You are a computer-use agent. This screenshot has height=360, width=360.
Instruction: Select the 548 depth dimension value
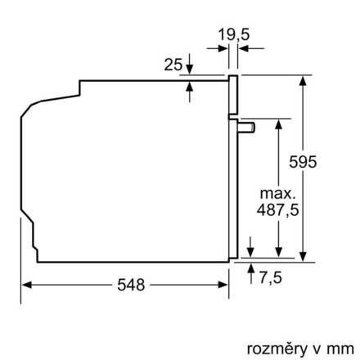pos(130,285)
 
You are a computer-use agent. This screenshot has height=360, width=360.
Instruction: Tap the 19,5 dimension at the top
pos(234,34)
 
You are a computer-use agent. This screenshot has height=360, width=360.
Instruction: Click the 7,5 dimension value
pos(269,279)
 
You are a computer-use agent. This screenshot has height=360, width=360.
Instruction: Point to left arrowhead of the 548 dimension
pos(25,285)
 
